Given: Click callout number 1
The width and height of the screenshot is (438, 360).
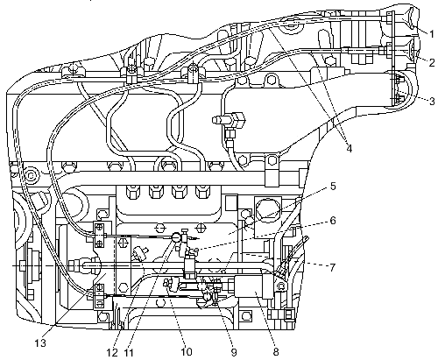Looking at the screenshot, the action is [432, 34].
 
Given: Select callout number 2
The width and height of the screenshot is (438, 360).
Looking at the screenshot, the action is [432, 62].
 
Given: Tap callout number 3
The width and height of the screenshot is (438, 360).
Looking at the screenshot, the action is [432, 101].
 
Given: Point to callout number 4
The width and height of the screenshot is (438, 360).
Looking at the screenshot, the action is [350, 148].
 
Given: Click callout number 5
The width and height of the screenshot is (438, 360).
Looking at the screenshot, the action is [333, 187].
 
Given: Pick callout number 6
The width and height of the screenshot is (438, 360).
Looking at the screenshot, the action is [333, 221].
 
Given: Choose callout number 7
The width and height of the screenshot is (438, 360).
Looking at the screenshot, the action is [332, 267].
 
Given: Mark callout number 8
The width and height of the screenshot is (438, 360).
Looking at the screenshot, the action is [276, 352].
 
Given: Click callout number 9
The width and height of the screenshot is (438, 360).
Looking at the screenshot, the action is [234, 352].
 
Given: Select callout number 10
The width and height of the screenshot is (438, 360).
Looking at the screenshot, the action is [187, 352].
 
